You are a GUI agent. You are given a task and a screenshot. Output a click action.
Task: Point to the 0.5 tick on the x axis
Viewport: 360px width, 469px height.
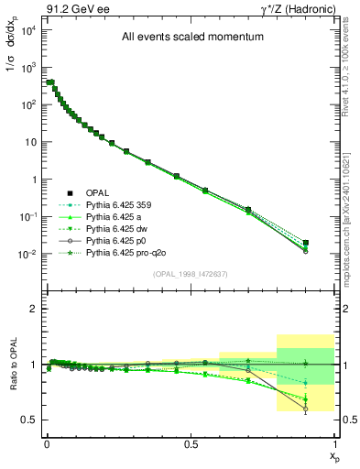click(191, 443)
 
